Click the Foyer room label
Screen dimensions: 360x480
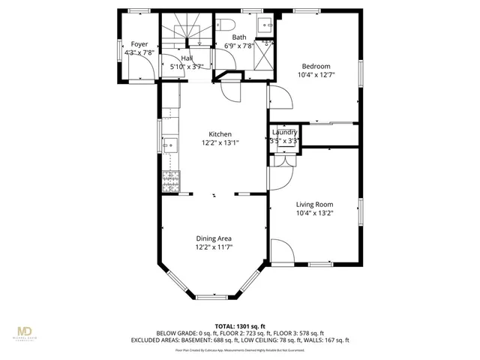tap(139, 44)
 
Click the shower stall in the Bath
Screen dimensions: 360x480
tap(265, 55)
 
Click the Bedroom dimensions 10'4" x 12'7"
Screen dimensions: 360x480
tap(316, 74)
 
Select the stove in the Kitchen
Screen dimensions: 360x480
tap(169, 180)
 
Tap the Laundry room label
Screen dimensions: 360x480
tap(285, 132)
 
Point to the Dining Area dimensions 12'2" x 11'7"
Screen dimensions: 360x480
tap(214, 247)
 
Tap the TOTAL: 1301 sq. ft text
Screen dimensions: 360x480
tap(240, 325)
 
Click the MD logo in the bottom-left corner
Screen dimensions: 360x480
tap(25, 332)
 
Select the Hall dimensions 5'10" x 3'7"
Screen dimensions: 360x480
tap(187, 67)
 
